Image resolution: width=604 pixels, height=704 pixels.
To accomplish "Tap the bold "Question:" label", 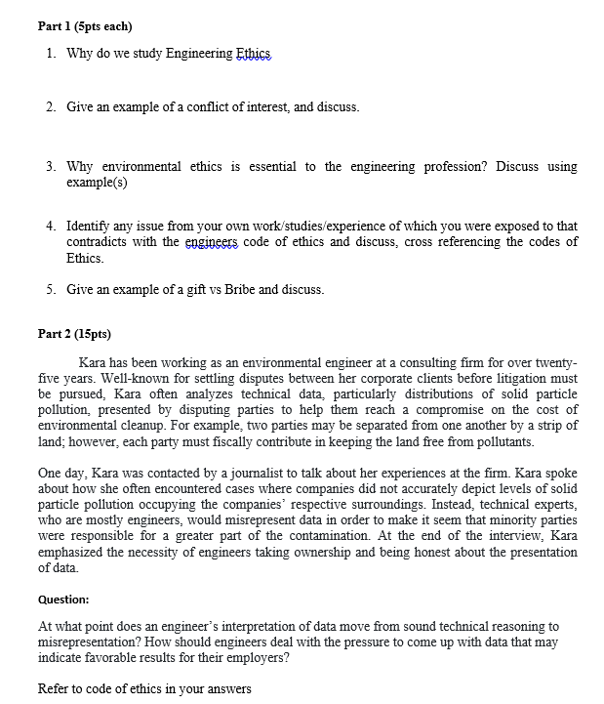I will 63,599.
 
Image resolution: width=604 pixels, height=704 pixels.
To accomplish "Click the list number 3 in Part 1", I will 50,167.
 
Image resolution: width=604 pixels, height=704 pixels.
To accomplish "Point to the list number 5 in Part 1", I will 50,290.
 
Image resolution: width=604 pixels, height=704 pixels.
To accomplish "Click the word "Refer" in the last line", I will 54,688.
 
